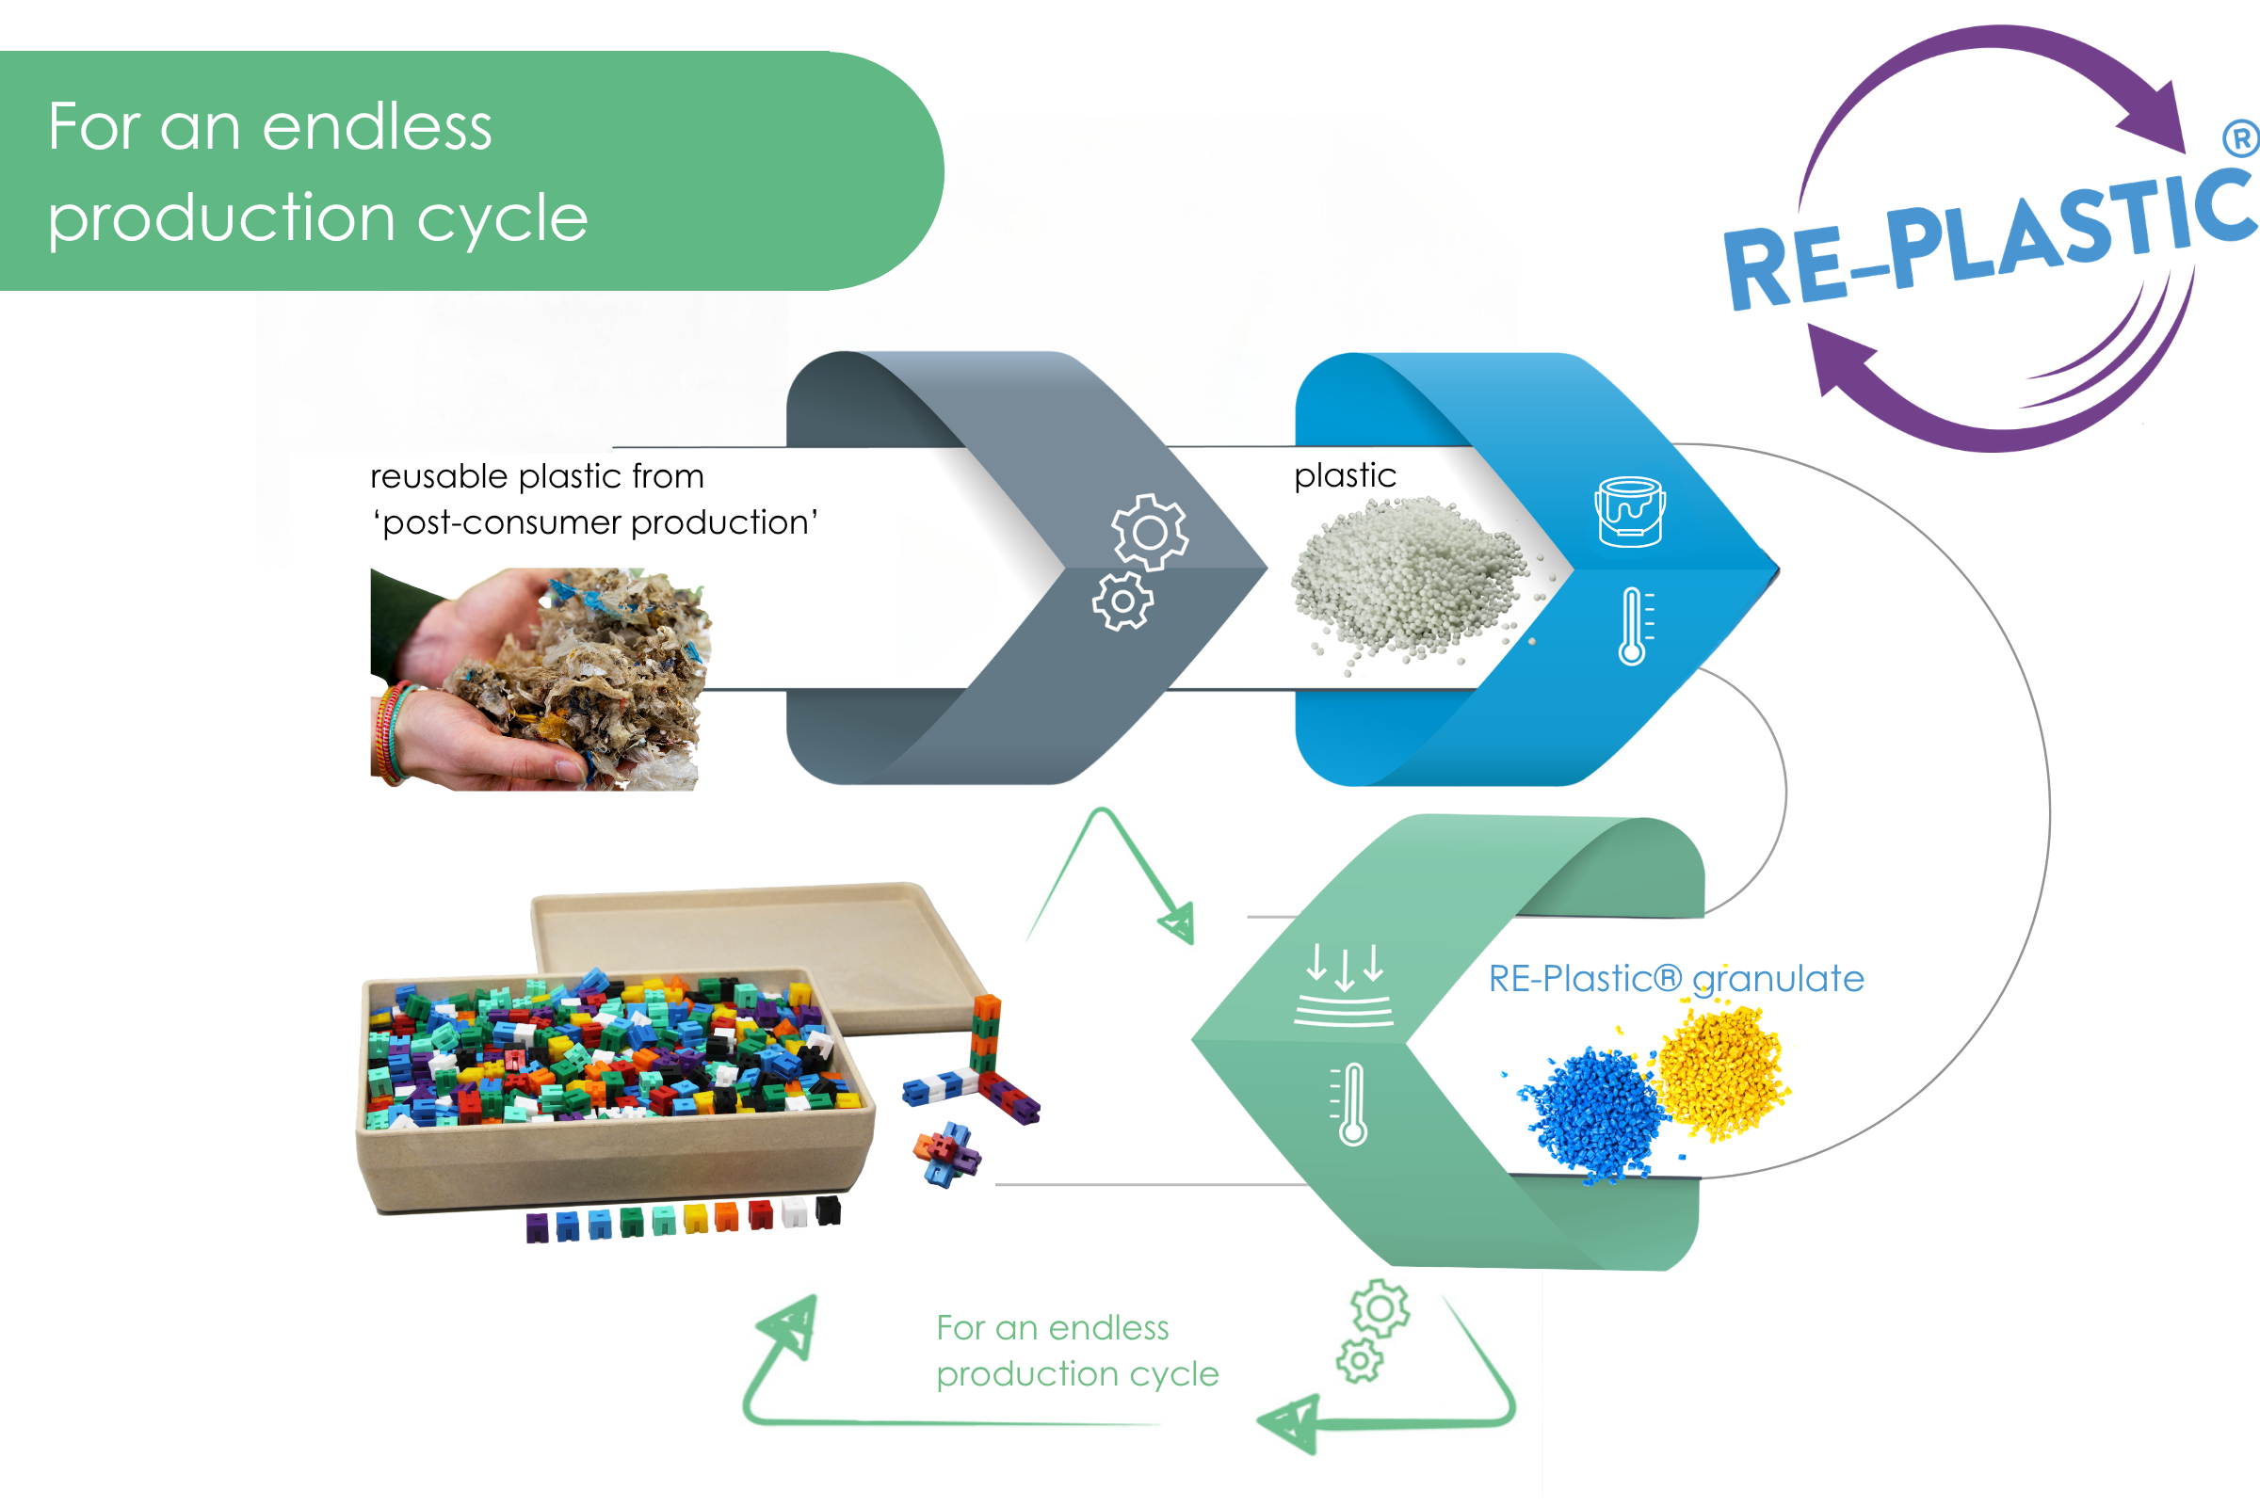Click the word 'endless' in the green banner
coord(377,127)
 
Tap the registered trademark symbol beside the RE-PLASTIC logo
coord(2241,138)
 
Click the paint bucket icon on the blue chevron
coord(1630,512)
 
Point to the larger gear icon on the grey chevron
coord(1149,532)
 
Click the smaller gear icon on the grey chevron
coord(1122,602)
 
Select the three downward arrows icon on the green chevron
coord(1344,985)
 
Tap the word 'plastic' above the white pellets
coord(1345,475)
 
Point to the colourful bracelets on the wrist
coord(393,733)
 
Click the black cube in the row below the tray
coord(828,1210)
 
